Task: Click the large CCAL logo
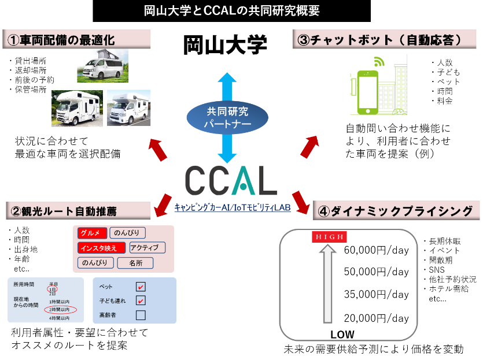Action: point(231,180)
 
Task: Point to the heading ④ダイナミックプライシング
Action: point(396,211)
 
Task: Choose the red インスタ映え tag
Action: point(102,248)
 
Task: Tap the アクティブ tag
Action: point(147,248)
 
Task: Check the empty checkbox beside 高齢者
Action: point(141,315)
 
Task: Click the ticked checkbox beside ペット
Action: point(141,287)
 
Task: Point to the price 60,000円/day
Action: point(376,250)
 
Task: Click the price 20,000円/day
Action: point(376,318)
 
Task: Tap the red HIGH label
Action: point(329,237)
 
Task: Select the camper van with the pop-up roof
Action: point(102,68)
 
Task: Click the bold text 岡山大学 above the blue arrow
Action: point(225,44)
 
